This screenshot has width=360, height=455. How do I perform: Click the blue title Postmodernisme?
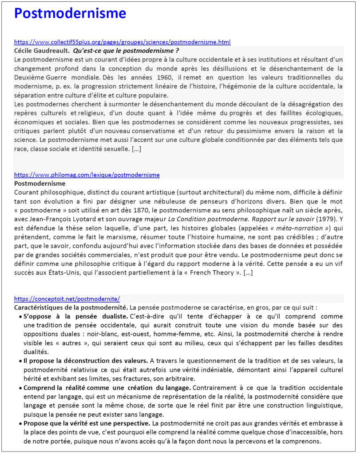(70, 13)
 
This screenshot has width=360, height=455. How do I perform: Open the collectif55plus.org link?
(122, 42)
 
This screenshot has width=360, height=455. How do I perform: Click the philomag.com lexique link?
(87, 175)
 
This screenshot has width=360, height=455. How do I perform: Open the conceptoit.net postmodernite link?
(67, 299)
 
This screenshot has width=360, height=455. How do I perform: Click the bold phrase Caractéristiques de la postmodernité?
(71, 307)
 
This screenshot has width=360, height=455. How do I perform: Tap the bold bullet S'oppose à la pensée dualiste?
(75, 316)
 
